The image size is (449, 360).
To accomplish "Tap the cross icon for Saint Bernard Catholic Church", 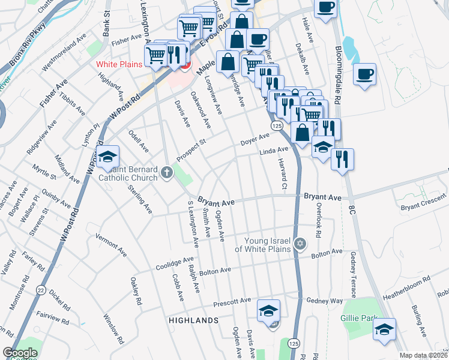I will (x=166, y=173).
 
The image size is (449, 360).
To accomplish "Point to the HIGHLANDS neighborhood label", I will (x=193, y=320).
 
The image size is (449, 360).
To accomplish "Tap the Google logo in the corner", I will (x=20, y=353).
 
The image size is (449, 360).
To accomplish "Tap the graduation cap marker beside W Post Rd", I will (x=107, y=157).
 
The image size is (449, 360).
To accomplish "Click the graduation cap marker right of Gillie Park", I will (x=384, y=329).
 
